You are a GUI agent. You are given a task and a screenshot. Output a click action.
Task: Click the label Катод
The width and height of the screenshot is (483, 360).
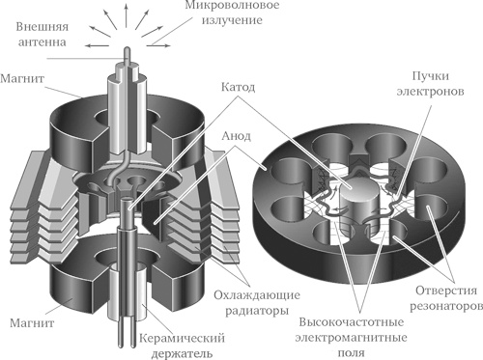click(x=239, y=87)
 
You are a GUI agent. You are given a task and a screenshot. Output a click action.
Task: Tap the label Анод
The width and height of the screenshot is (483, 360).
click(x=236, y=136)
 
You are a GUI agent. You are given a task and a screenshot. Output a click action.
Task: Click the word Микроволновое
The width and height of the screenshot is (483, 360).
click(x=232, y=6)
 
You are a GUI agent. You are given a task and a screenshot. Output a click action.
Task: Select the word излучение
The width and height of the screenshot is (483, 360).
click(x=232, y=20)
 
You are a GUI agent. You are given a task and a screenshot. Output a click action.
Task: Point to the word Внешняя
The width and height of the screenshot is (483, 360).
click(x=43, y=26)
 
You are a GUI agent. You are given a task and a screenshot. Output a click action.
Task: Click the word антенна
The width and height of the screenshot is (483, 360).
click(x=43, y=42)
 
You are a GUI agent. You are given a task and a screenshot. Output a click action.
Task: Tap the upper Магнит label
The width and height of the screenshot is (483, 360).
click(x=22, y=78)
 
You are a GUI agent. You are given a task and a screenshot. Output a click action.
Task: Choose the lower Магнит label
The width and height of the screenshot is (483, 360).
click(x=32, y=322)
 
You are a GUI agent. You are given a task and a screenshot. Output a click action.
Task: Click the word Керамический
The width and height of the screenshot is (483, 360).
click(x=182, y=339)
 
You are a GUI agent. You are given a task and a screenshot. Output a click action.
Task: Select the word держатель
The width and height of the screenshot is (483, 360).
click(x=182, y=354)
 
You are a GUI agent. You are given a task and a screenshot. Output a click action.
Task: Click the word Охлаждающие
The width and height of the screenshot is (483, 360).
click(x=257, y=295)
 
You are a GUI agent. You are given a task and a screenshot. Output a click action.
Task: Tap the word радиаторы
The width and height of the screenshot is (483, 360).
click(x=257, y=311)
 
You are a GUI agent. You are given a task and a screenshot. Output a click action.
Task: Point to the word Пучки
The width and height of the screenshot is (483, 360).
click(x=431, y=76)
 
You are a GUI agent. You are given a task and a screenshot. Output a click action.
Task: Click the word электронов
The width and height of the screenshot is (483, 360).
click(x=431, y=92)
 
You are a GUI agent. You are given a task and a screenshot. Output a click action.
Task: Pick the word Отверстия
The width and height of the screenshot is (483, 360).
click(x=446, y=291)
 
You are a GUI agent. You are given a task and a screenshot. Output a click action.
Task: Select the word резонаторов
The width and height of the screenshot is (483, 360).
click(x=446, y=306)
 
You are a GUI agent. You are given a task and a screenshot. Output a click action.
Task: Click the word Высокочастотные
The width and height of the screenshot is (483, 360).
click(x=352, y=322)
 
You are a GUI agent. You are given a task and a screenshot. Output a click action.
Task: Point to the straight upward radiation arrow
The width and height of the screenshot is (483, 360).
click(x=127, y=17)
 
